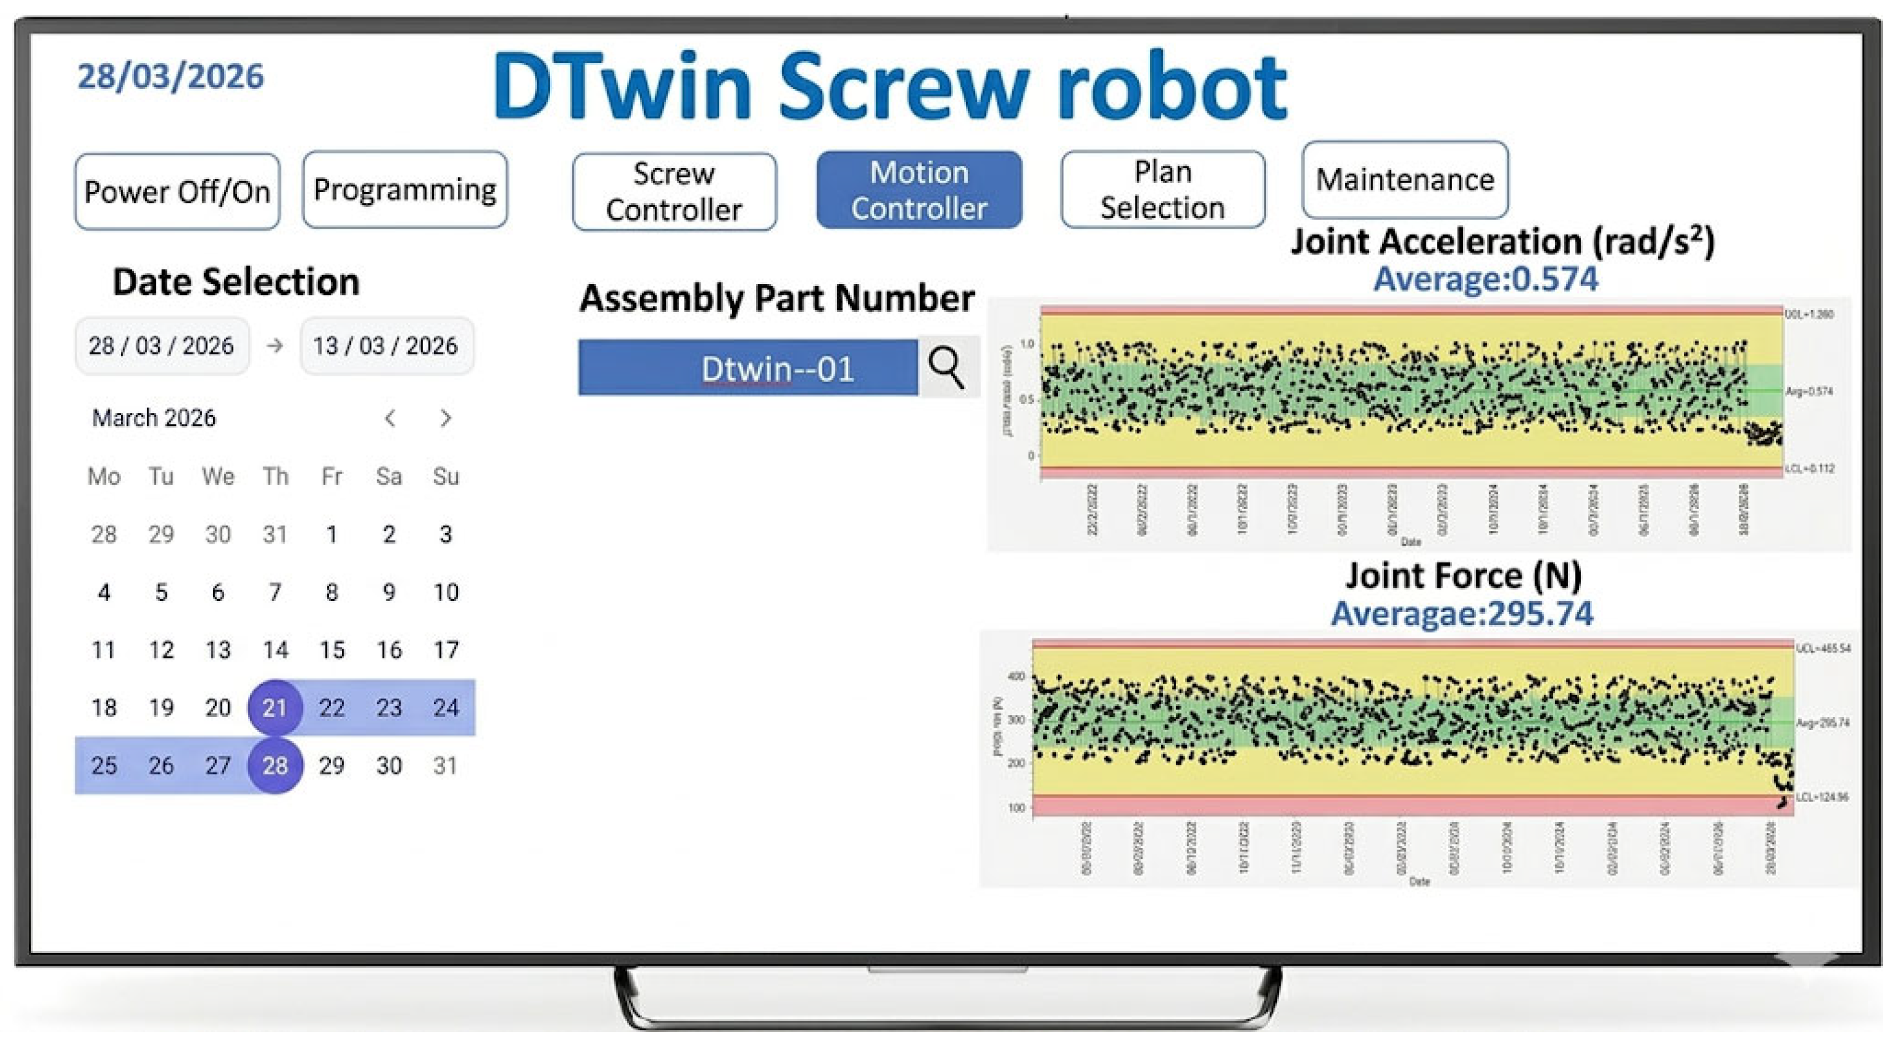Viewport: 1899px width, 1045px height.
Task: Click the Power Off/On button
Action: [x=177, y=192]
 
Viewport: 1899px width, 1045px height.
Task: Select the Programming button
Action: [x=404, y=189]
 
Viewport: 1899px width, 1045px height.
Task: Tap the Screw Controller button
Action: [x=674, y=192]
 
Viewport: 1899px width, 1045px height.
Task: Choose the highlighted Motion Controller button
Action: [x=918, y=190]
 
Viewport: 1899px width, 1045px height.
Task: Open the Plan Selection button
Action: [x=1162, y=189]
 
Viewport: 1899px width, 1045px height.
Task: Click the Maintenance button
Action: [x=1404, y=180]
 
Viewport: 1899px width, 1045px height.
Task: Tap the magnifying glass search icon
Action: [x=947, y=367]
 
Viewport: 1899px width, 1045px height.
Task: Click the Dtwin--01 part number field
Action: [x=748, y=368]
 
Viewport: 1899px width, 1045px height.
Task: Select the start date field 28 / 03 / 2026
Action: [x=162, y=346]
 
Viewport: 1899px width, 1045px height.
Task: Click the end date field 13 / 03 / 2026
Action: [x=386, y=346]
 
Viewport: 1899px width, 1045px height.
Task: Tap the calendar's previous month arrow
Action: [x=390, y=418]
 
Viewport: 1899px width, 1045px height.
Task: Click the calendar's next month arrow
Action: [x=445, y=418]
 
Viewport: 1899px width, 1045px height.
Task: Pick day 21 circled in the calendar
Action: [x=274, y=708]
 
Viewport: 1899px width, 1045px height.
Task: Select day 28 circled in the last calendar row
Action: [x=274, y=765]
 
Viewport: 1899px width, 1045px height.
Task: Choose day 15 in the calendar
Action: [x=332, y=649]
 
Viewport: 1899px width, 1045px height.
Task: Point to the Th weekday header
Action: [x=274, y=476]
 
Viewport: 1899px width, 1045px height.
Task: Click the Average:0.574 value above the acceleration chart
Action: [x=1486, y=280]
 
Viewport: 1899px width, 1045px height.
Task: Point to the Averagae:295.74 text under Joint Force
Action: [x=1462, y=613]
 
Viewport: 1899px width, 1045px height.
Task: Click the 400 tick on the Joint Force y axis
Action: [x=1016, y=676]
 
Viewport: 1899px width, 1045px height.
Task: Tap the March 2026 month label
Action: [x=154, y=418]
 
